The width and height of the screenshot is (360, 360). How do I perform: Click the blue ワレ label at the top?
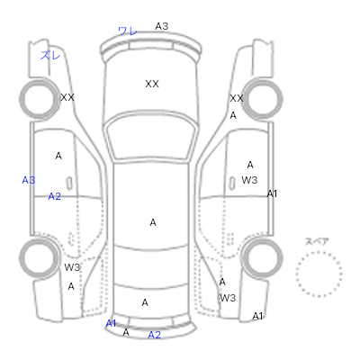point(128,31)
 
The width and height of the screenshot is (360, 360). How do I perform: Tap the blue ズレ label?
point(50,55)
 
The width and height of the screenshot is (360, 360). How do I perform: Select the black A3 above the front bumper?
point(162,26)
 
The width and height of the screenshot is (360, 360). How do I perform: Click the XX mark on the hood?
point(152,84)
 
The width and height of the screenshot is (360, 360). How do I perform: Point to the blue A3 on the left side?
point(29,180)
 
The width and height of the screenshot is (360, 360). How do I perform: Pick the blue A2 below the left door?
point(55,196)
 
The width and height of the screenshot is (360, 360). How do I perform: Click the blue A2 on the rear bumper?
point(155,335)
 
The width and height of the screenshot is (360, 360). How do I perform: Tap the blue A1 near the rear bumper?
point(111,323)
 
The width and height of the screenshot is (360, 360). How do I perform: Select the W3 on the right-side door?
point(249,180)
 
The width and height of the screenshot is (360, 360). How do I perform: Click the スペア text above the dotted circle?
point(317,241)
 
